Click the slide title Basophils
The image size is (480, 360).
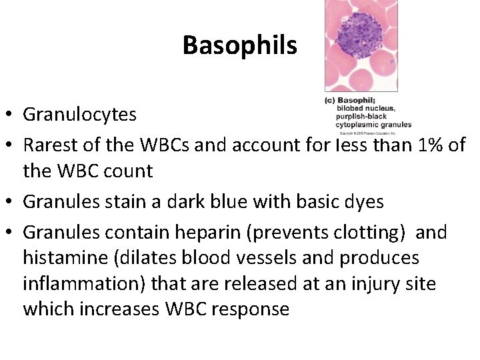pyautogui.click(x=239, y=45)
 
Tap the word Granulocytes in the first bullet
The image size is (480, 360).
pyautogui.click(x=79, y=115)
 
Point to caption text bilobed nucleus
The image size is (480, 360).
pyautogui.click(x=366, y=109)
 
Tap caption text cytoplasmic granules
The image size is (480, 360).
pyautogui.click(x=374, y=125)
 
